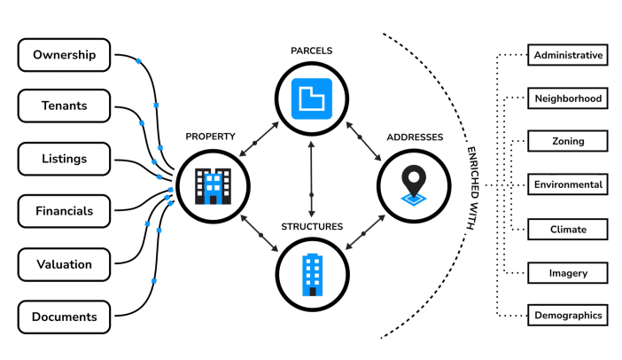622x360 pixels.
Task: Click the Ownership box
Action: tap(64, 55)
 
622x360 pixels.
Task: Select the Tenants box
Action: tap(64, 106)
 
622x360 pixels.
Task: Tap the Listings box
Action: tap(64, 159)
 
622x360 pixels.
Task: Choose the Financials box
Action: tap(64, 211)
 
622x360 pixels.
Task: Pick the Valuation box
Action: tap(64, 263)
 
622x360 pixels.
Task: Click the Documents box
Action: tap(64, 316)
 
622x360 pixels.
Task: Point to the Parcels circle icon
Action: tap(311, 96)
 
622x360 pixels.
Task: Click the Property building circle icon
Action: tap(212, 184)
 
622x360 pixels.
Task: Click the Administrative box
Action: tap(568, 55)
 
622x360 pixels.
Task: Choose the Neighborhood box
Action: tap(568, 98)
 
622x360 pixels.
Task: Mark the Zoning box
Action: tap(568, 142)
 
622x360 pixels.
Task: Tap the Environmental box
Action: tap(568, 185)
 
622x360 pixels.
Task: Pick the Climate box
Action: tap(568, 229)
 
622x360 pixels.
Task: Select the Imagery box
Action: tap(568, 272)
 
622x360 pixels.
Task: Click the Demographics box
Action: tap(568, 315)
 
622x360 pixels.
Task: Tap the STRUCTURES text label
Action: tap(311, 227)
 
